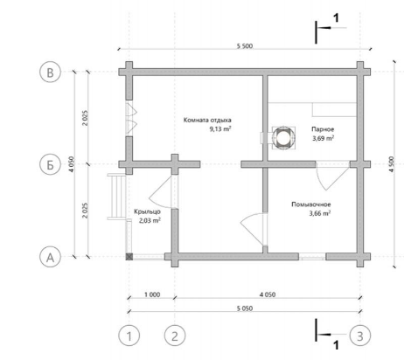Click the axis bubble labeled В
(x=50, y=72)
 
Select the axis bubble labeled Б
(x=50, y=164)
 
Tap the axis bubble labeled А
(x=50, y=257)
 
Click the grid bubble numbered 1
(x=129, y=336)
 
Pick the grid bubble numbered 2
(x=175, y=336)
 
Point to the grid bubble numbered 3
(x=360, y=336)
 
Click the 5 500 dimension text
(x=245, y=46)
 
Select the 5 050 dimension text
(x=245, y=308)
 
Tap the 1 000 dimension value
(x=152, y=294)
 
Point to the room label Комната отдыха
(x=207, y=120)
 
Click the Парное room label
(x=323, y=129)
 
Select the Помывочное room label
(x=311, y=204)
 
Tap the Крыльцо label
(x=147, y=211)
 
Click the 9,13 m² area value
(x=220, y=128)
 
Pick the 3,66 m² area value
(x=320, y=213)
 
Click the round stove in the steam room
(x=282, y=138)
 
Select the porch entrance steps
(x=116, y=197)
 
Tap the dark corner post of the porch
(x=129, y=257)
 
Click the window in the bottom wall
(x=312, y=257)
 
